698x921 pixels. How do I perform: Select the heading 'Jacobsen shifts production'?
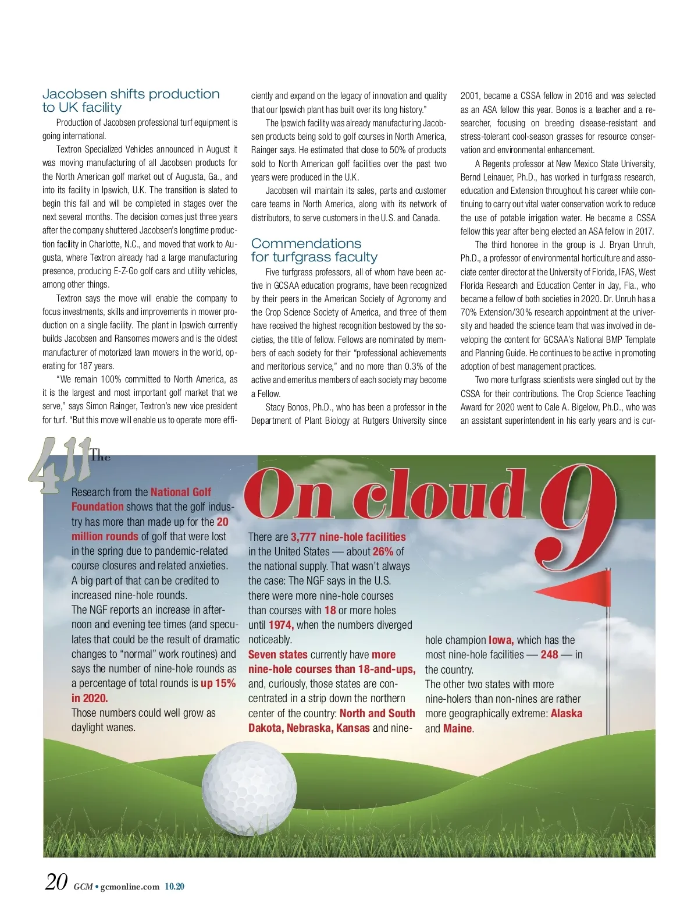pyautogui.click(x=131, y=94)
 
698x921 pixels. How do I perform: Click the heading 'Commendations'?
pyautogui.click(x=306, y=243)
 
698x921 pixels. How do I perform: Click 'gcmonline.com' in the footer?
pyautogui.click(x=130, y=887)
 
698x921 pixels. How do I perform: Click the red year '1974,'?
pyautogui.click(x=281, y=625)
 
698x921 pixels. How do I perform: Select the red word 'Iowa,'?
pyautogui.click(x=501, y=640)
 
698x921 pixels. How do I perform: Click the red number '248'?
pyautogui.click(x=549, y=654)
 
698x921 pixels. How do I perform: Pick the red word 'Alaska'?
pyautogui.click(x=566, y=713)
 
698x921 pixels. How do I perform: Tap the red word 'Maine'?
pyautogui.click(x=457, y=728)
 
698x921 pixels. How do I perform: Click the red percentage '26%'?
pyautogui.click(x=383, y=551)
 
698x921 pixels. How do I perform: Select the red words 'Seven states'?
pyautogui.click(x=277, y=654)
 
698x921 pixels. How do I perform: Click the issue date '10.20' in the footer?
pyautogui.click(x=174, y=887)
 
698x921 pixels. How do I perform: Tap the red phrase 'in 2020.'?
pyautogui.click(x=90, y=698)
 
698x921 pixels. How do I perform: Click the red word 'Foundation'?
pyautogui.click(x=97, y=506)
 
